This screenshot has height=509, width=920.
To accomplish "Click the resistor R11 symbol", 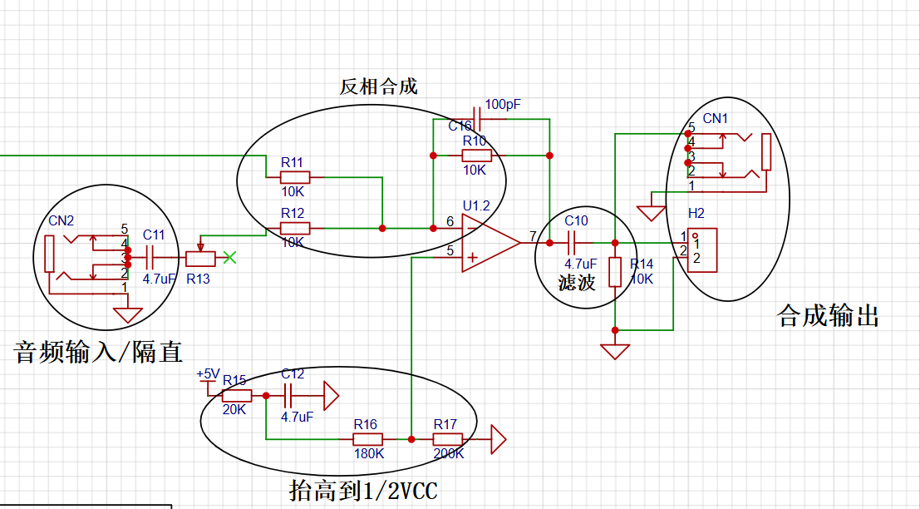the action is pos(294,176).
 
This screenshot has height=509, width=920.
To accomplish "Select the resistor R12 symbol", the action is pos(294,228).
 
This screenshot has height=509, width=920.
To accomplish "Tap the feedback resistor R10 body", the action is pos(476,156).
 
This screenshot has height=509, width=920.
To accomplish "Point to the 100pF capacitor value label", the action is pos(502,105).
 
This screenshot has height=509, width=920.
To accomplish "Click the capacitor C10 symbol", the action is pos(572,243).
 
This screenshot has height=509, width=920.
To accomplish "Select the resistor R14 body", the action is pos(615,272).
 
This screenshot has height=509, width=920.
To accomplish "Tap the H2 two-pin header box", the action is pos(701,250).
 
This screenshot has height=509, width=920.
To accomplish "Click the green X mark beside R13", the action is pos(229,257).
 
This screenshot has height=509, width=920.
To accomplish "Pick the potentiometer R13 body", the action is pos(200,258).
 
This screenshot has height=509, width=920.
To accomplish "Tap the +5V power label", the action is pos(208,374).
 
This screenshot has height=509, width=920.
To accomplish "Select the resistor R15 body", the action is pos(237,396).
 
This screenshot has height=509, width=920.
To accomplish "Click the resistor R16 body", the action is pos(367,439).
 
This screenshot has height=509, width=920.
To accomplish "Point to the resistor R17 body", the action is pos(448,439).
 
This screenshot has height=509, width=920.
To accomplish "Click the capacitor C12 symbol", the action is pos(288,396).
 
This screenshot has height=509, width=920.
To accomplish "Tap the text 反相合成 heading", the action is pos(378,86).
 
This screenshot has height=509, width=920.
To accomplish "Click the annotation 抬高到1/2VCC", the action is pos(363,490).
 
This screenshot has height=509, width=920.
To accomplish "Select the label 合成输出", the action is pos(827,316).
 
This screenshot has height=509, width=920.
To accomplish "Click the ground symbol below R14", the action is pos(615,351).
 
